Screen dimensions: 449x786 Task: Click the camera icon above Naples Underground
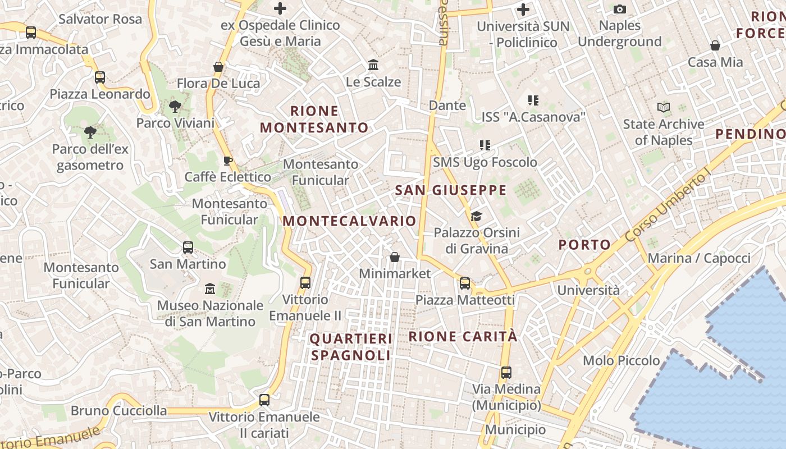(620, 9)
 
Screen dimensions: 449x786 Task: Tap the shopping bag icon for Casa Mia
(715, 45)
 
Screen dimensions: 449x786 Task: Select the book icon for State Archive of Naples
(664, 107)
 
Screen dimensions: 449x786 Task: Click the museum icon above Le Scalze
(373, 65)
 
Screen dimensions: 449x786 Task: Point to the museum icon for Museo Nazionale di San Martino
(210, 289)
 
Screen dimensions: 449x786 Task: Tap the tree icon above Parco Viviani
(175, 106)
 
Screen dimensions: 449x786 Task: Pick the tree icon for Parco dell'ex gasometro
(90, 132)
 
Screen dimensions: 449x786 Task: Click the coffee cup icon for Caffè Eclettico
(227, 161)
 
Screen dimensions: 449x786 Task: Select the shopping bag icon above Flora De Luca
(218, 67)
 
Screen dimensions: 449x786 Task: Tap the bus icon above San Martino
(188, 248)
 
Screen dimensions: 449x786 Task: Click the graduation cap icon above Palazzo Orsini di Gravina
(476, 216)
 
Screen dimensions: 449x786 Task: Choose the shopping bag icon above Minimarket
(395, 257)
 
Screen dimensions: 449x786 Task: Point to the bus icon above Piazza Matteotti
(465, 283)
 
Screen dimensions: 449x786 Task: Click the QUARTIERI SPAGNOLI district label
(351, 347)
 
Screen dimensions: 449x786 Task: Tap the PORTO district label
(584, 245)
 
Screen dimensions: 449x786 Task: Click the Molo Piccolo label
(622, 360)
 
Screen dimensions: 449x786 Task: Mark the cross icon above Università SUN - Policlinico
(523, 10)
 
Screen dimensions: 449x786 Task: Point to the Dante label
(447, 106)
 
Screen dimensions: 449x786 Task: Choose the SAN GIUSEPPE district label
(451, 190)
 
